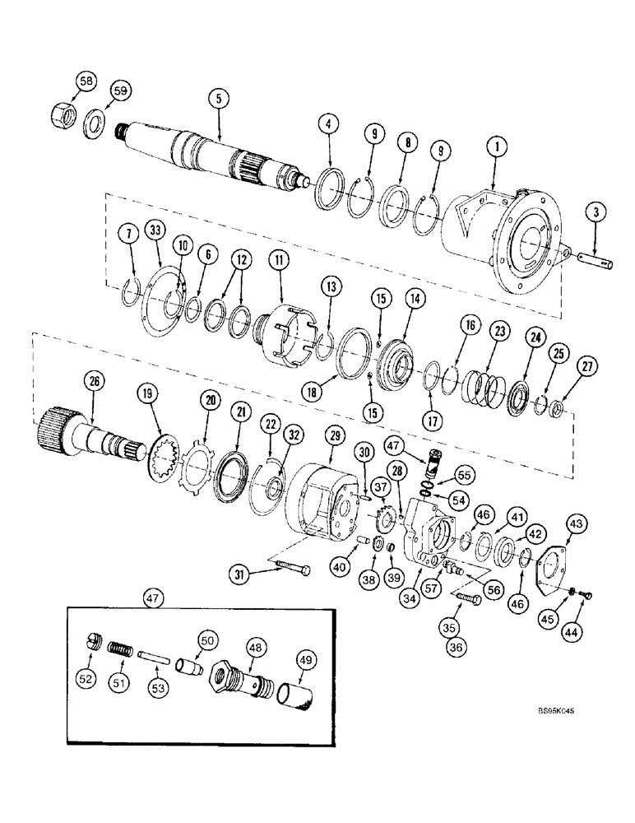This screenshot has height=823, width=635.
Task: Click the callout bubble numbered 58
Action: click(x=86, y=81)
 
